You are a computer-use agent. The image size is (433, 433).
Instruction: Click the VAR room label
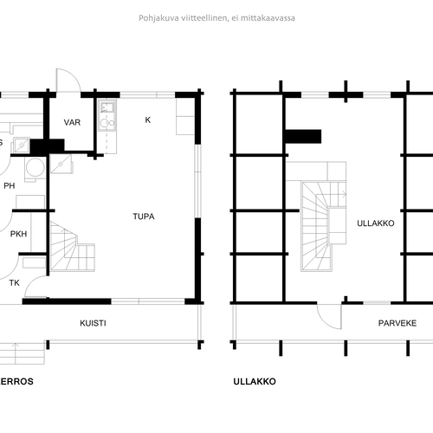tap(72, 122)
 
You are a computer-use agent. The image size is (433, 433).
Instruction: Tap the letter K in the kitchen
tap(148, 120)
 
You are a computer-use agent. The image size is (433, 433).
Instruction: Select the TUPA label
tap(144, 216)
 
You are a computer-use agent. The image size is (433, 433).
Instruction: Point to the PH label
tap(10, 186)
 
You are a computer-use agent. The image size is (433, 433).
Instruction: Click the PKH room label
tap(18, 234)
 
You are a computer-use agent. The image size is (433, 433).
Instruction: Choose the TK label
tap(15, 283)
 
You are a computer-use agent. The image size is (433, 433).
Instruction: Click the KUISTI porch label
tap(93, 323)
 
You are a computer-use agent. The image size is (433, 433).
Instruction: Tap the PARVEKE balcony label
tap(397, 323)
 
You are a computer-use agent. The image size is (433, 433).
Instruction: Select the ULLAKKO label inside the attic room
tap(376, 223)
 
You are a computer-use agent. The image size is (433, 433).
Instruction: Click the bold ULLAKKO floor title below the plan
tap(255, 382)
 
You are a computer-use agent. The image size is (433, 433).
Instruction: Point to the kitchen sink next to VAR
tap(107, 107)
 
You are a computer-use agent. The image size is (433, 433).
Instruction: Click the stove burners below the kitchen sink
tap(107, 123)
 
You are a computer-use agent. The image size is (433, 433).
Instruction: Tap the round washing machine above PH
tap(36, 168)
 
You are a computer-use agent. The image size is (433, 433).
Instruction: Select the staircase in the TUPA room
tap(72, 246)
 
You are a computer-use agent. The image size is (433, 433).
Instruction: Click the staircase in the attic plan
tap(323, 226)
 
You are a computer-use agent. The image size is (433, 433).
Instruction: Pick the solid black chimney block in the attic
tap(303, 137)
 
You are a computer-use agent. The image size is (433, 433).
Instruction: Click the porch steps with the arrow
tap(22, 353)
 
